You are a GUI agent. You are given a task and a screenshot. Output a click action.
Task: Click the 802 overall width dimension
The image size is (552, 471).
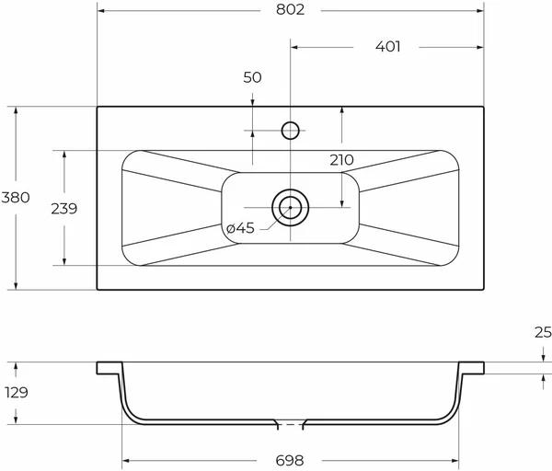(x=290, y=9)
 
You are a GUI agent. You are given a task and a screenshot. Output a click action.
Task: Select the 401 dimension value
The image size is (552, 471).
(x=388, y=47)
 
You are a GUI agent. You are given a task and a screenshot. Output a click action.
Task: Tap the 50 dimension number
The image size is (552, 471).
(x=252, y=77)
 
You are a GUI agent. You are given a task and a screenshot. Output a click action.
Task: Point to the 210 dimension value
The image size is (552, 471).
(x=341, y=160)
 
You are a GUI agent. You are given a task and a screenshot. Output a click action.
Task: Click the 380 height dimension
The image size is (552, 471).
(x=16, y=198)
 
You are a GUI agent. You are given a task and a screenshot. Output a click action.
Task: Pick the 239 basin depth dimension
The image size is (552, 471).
(x=64, y=209)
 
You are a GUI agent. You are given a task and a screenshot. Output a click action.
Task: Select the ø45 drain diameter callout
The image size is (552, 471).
(x=240, y=228)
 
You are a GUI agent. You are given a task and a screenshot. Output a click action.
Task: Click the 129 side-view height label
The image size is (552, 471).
(x=17, y=392)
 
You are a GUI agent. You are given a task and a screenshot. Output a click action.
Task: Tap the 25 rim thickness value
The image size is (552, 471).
(x=543, y=332)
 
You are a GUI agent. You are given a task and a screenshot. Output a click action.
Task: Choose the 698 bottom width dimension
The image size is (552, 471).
(x=290, y=461)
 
